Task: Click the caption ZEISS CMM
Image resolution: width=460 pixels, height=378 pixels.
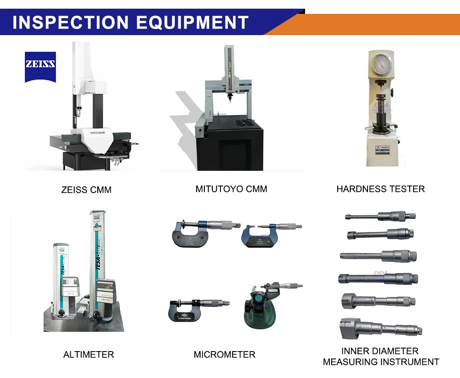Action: point(86,190)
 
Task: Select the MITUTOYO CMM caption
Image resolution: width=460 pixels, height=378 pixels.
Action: point(231,189)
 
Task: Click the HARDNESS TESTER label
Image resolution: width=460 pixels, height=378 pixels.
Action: point(381,189)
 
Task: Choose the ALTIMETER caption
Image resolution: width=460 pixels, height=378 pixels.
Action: point(89,355)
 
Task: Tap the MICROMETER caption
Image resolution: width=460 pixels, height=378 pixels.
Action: point(224,355)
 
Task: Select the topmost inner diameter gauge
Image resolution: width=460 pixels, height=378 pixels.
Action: point(380,215)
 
